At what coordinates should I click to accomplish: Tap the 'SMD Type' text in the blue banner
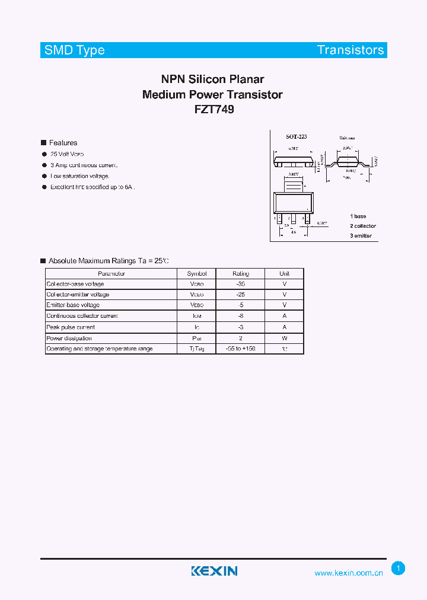75,50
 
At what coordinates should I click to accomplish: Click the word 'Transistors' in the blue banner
350,50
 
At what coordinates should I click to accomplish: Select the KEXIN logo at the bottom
214,571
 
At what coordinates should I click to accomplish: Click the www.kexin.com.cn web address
349,573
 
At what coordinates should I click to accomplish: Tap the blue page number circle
399,569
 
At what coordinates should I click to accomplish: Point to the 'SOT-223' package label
297,137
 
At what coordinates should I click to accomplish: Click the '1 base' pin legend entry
358,216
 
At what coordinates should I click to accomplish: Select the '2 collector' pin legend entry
363,226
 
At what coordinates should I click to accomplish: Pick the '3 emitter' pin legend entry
361,236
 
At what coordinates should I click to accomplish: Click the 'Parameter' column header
111,274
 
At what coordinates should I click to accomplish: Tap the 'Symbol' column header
197,274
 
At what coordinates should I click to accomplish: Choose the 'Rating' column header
241,274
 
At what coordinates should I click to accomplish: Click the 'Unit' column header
285,274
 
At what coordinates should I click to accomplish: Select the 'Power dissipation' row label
69,339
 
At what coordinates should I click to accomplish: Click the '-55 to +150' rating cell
241,349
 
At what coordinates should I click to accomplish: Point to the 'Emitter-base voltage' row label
73,305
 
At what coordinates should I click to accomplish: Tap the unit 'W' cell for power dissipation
285,339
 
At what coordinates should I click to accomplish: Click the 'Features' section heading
63,143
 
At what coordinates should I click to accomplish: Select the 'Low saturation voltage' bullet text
80,176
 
